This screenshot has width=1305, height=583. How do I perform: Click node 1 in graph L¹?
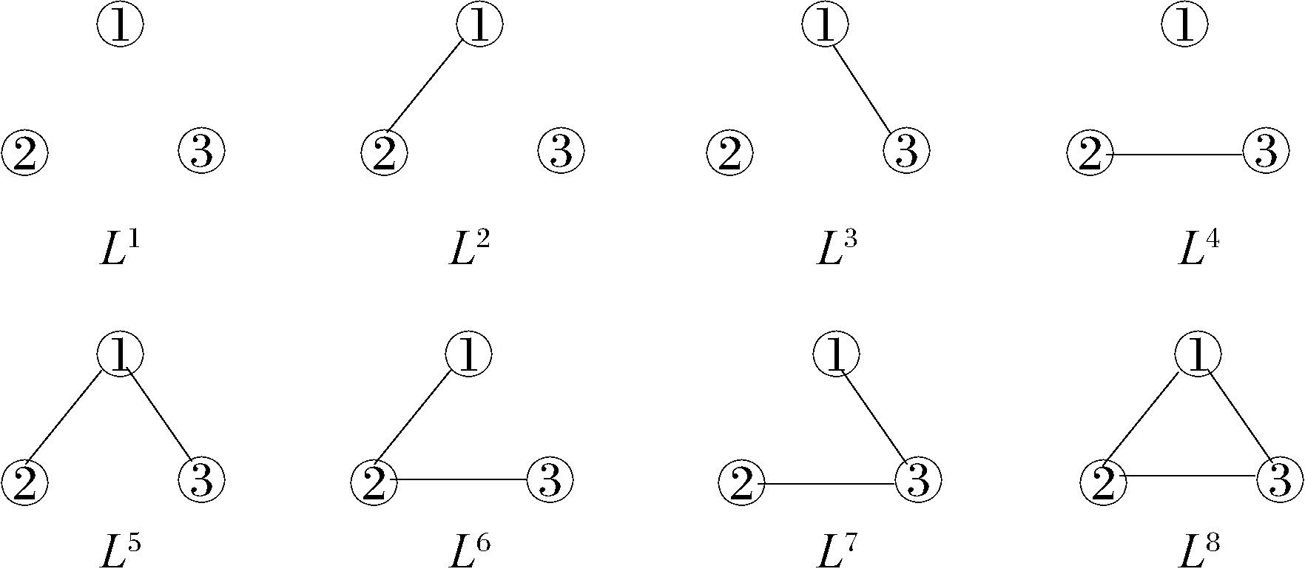tap(120, 24)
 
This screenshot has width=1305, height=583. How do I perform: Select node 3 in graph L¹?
tap(201, 149)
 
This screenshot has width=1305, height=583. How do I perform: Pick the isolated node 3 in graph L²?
tap(561, 149)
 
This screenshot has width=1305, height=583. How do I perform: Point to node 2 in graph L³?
tap(729, 153)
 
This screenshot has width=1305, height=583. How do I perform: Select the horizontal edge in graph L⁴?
tap(1177, 155)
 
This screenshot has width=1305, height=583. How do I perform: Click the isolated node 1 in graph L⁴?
tap(1184, 24)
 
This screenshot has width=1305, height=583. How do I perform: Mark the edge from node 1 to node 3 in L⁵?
tap(161, 414)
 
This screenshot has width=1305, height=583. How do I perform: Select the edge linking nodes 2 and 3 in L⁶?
tap(462, 480)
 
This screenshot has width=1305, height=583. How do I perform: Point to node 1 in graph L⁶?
tap(469, 354)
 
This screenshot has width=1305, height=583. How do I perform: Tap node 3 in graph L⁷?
tap(918, 479)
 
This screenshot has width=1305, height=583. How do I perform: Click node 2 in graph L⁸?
tap(1103, 482)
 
